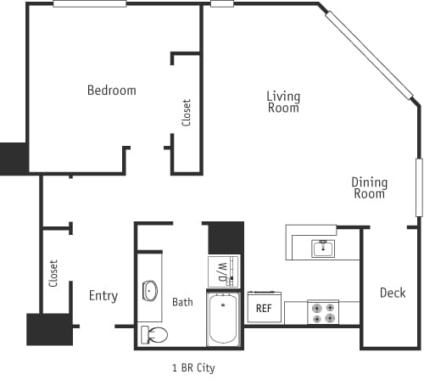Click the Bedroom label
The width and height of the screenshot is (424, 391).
[x=111, y=90]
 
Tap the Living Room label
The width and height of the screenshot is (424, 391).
[x=283, y=102]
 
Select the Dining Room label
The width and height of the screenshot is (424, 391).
[x=370, y=187]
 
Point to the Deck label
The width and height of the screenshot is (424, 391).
[x=392, y=293]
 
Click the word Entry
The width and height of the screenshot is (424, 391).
[x=103, y=296]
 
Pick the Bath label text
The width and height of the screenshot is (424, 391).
[x=182, y=301]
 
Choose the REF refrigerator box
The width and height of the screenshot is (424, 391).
[x=263, y=309]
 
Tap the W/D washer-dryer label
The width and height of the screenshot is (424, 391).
[x=223, y=271]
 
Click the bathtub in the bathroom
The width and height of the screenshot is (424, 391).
[x=225, y=319]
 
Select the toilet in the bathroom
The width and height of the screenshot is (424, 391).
[x=154, y=334]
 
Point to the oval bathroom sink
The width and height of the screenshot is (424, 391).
[x=150, y=291]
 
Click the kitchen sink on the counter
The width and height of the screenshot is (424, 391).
[x=321, y=248]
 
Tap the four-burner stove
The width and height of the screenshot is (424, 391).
[x=322, y=312]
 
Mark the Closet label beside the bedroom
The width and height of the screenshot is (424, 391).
[x=186, y=113]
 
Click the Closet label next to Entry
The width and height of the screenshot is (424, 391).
[x=53, y=273]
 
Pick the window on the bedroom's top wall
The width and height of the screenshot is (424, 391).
[x=89, y=4]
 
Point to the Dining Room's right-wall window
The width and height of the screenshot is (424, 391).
[x=418, y=187]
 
